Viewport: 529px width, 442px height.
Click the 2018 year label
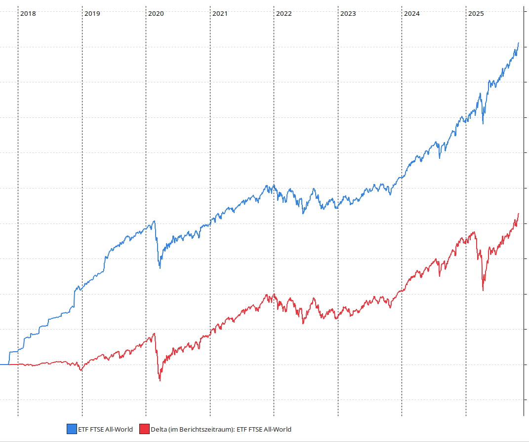point(28,14)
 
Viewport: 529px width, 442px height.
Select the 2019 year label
point(92,14)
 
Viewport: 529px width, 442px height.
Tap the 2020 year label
point(156,14)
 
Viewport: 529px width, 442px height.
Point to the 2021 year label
point(220,14)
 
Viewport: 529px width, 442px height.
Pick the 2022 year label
point(284,14)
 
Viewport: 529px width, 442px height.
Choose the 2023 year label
point(348,14)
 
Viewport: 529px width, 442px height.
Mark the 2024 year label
point(411,14)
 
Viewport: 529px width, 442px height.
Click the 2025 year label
point(476,14)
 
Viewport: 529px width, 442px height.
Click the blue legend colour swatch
point(72,429)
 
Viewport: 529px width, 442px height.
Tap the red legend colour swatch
point(144,429)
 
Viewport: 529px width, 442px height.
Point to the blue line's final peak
point(518,43)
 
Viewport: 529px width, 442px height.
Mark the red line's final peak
point(518,214)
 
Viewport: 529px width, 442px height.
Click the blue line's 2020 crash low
point(160,267)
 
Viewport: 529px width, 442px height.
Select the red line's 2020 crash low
point(160,380)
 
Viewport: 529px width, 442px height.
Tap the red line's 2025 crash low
point(483,291)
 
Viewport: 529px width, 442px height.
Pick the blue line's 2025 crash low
point(483,123)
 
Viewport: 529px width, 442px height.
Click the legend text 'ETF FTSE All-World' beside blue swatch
point(105,429)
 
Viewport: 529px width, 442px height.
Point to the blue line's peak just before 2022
point(267,185)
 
